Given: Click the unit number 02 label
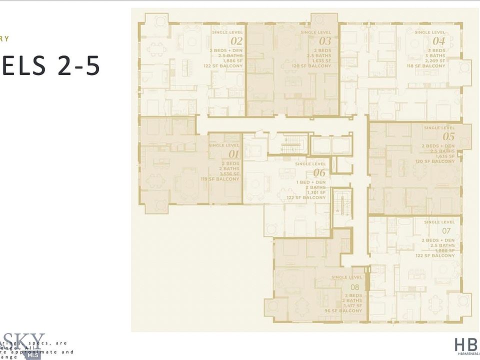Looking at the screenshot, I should tap(236, 41).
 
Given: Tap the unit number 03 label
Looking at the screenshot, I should tap(325, 41).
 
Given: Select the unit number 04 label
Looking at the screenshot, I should tap(438, 41).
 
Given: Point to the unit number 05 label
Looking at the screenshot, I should tap(448, 136).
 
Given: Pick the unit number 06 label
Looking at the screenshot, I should tap(319, 173).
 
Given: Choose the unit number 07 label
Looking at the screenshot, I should tap(446, 231).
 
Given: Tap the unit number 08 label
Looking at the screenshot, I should tap(354, 287).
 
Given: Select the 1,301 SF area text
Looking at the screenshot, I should tap(315, 192).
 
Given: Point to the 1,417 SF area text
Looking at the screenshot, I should tap(352, 305).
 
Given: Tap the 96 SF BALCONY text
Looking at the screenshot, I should tap(343, 311).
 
